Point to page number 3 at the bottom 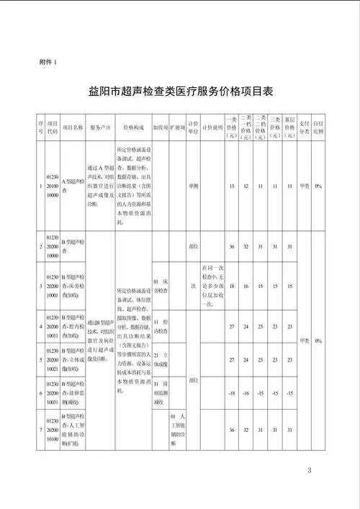tap(308, 471)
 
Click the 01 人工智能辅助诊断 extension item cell tap(178, 430)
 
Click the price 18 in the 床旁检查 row tap(232, 285)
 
